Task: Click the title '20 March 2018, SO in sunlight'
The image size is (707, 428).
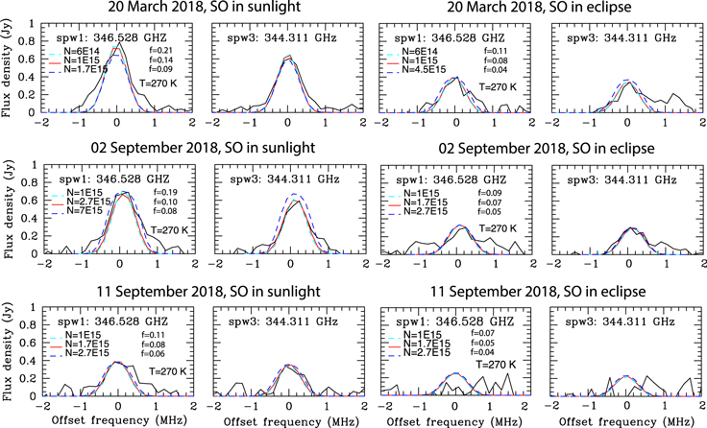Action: point(204,7)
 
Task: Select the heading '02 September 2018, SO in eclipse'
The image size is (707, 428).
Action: point(547,148)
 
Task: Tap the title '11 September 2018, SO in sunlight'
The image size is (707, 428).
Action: point(208,292)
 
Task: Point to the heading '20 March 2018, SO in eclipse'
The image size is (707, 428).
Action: point(539,7)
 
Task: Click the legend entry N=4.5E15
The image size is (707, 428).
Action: point(424,69)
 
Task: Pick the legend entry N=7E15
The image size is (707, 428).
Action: point(85,211)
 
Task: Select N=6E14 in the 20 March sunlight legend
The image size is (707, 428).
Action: point(82,52)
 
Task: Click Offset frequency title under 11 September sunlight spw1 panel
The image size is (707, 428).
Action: point(119,420)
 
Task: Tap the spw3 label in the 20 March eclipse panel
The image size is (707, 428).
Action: point(622,37)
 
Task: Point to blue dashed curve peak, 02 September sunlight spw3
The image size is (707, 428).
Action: point(292,194)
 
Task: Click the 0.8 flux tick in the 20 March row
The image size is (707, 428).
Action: point(29,42)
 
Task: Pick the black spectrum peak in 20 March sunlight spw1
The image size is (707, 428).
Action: point(118,43)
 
